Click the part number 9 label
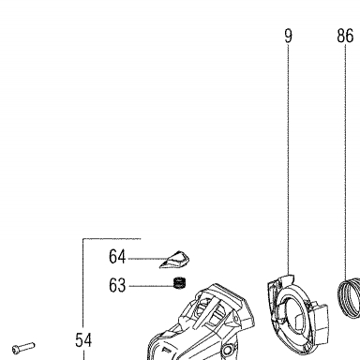[289, 36]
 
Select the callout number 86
[345, 36]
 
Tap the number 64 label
[117, 257]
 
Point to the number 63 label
[117, 285]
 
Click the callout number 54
[83, 340]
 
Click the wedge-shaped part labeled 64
[175, 259]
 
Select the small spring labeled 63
[179, 282]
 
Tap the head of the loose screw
[16, 349]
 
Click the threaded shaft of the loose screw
[27, 346]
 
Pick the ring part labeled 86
[349, 297]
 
